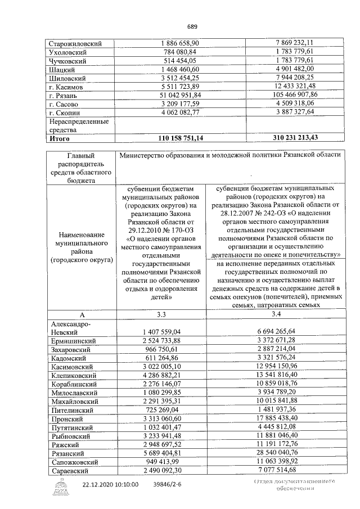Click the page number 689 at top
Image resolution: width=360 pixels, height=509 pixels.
[x=192, y=26]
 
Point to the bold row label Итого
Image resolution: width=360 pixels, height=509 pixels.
[x=60, y=138]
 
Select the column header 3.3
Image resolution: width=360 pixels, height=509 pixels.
[x=161, y=313]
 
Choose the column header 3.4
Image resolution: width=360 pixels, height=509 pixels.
[x=276, y=313]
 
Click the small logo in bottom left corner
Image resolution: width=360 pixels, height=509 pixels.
[x=58, y=488]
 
